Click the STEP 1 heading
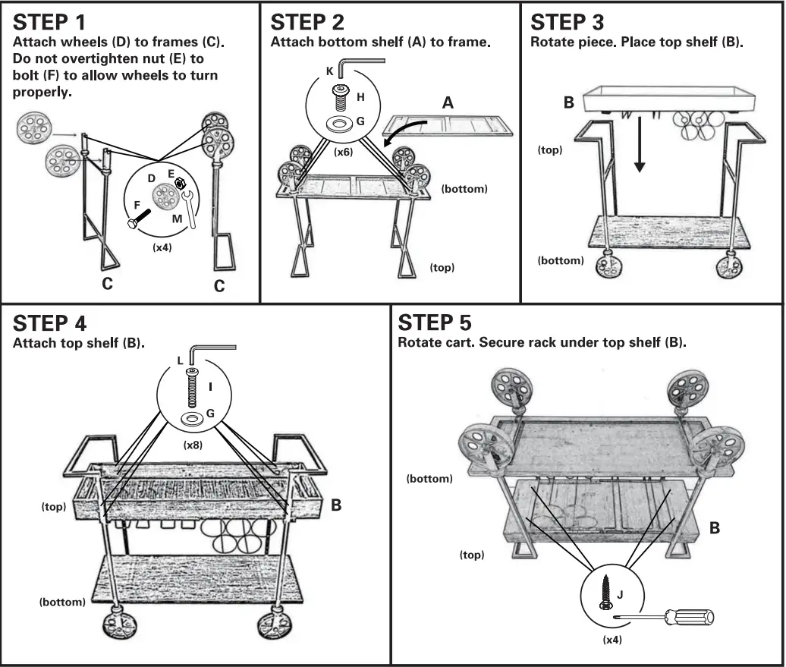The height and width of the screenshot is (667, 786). click(49, 23)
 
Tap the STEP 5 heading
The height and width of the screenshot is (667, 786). click(435, 323)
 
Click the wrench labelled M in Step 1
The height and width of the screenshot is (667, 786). click(190, 209)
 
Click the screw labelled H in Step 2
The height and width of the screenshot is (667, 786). click(341, 99)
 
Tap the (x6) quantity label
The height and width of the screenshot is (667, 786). click(343, 152)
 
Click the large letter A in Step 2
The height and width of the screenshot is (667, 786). click(448, 102)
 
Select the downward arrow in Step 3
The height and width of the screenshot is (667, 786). click(639, 144)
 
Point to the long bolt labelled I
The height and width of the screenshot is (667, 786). click(192, 387)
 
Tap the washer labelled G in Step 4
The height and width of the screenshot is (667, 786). click(192, 419)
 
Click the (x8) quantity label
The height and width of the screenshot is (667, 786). click(193, 445)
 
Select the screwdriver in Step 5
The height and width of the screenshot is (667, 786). click(665, 617)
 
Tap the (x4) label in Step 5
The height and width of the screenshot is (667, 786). click(612, 640)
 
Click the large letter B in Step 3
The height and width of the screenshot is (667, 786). click(568, 102)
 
